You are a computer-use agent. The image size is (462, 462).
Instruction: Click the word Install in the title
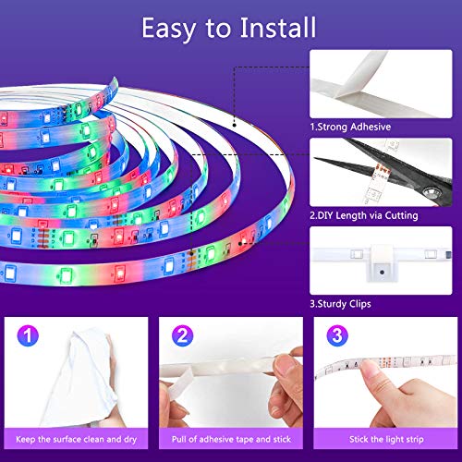278,28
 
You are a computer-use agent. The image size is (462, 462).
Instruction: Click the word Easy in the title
168,30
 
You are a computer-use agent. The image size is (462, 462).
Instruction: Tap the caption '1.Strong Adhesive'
350,127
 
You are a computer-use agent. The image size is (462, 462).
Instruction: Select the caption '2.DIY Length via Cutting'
364,215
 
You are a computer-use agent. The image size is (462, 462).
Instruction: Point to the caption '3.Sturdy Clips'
340,304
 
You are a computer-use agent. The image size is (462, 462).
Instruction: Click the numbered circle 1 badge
28,335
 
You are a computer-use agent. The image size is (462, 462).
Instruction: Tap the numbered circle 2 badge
182,335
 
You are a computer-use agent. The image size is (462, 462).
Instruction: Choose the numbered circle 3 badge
337,335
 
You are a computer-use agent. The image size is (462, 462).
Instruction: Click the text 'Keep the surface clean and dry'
76,439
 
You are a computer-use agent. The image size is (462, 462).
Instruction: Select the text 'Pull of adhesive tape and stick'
231,439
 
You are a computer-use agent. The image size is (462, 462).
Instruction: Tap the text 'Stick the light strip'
386,439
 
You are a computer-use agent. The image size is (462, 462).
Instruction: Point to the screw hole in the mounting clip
382,273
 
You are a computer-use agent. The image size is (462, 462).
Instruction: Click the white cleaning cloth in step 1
81,379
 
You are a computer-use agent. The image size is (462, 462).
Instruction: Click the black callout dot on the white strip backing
235,125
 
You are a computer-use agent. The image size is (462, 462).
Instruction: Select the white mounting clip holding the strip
382,262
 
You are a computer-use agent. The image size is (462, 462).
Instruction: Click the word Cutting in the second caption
402,215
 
